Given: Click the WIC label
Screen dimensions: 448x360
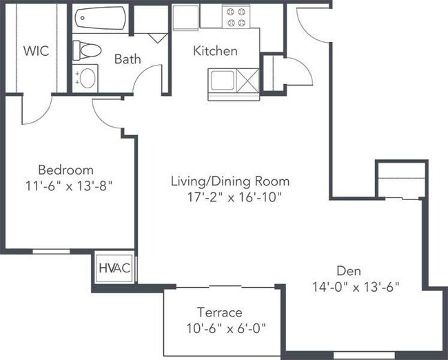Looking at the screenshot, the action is tap(36, 51).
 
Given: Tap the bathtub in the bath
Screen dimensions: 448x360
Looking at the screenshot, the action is tap(100, 18).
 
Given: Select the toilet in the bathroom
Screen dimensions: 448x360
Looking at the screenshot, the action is tap(87, 50).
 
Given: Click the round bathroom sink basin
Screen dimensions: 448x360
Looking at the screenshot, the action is tap(88, 78).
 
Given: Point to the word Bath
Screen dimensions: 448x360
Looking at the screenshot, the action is tap(128, 59).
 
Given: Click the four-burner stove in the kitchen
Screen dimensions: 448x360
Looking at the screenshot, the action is tap(236, 17).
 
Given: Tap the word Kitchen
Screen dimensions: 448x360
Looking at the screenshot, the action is tap(215, 51).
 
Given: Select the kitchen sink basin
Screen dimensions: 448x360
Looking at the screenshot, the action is tap(223, 81).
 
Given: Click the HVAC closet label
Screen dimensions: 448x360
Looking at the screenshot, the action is tap(114, 268).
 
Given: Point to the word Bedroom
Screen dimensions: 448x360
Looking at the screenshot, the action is tap(65, 170).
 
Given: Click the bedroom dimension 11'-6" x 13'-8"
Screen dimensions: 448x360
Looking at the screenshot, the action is tap(68, 186).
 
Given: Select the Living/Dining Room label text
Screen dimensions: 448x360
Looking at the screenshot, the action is tap(230, 181).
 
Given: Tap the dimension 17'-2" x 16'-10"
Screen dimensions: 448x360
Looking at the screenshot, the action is tap(235, 197).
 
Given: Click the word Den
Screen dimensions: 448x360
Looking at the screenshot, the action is tap(349, 271).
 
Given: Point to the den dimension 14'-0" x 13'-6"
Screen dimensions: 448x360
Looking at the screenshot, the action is tap(356, 287).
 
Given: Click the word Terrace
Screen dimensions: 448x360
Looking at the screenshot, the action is tap(220, 312).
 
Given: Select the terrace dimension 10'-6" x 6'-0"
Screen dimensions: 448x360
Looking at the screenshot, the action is tap(226, 328).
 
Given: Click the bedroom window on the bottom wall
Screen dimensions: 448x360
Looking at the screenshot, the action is tap(51, 252).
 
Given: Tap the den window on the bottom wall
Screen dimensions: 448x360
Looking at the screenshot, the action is tap(364, 355).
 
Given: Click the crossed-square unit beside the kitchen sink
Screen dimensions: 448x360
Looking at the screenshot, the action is tap(247, 81).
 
